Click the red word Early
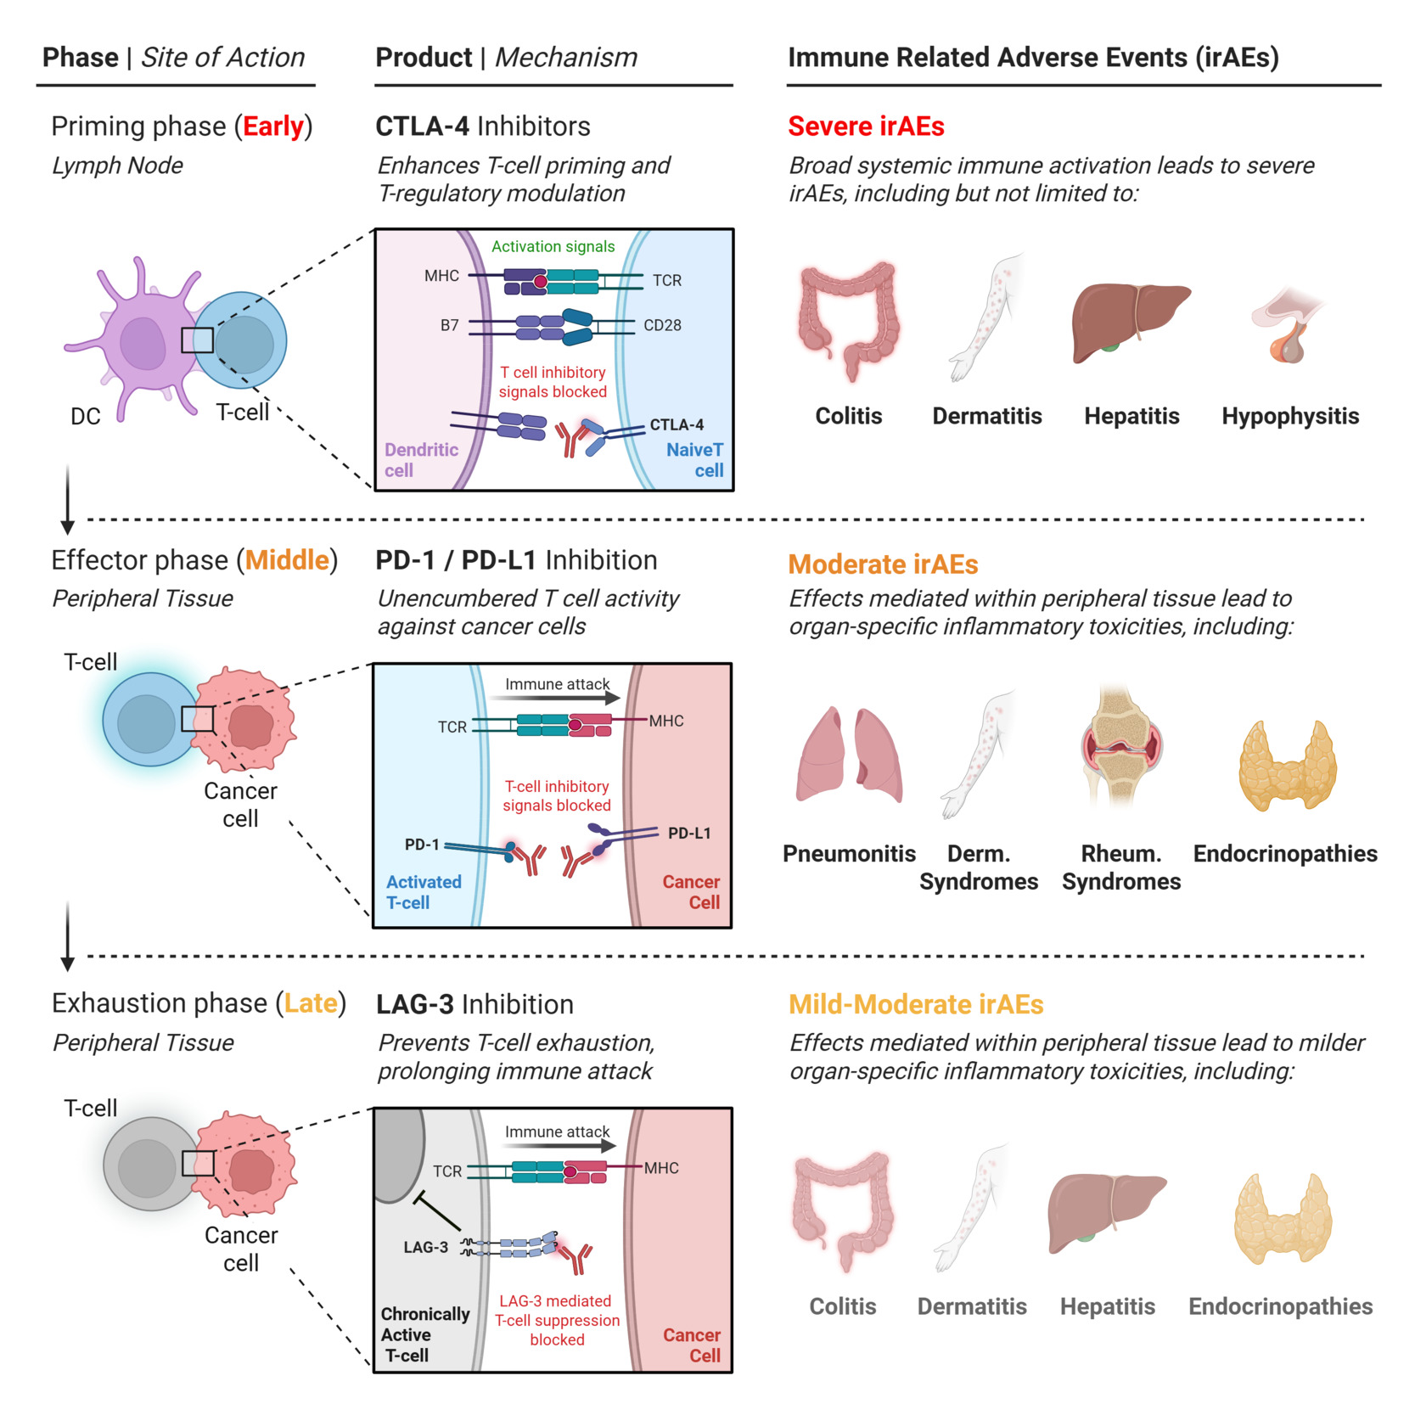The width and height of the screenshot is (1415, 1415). point(273,126)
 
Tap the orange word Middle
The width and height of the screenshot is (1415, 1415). point(288,560)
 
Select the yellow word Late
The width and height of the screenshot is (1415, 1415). point(312,1003)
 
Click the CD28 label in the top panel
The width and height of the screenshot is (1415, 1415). point(662,325)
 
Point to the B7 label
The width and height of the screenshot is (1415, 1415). point(449,325)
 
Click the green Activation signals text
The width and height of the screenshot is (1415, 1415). point(553,246)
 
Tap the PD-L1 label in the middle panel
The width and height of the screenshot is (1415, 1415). point(689,833)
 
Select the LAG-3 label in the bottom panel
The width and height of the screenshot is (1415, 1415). point(425,1247)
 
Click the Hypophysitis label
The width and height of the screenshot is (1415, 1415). point(1290,416)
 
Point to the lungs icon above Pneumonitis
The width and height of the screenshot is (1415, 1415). point(849,755)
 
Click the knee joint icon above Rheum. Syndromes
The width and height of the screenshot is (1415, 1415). point(1121,744)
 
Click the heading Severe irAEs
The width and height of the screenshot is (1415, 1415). point(866,126)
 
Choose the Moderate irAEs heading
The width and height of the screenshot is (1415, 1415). point(883,564)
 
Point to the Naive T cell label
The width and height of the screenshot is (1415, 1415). point(695,460)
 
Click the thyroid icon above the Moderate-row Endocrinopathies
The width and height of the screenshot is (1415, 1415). point(1288,766)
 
